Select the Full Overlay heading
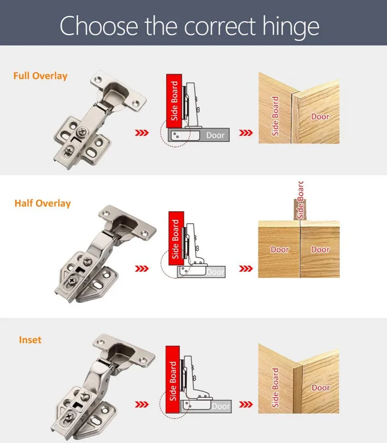41,76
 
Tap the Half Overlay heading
43,203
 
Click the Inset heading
30,340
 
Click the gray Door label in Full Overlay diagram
215,135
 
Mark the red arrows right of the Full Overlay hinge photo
141,132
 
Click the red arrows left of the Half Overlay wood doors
247,269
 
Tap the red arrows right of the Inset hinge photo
141,404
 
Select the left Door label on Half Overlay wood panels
279,250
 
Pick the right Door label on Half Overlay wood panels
320,250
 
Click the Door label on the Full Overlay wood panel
320,116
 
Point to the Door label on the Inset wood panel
321,388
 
